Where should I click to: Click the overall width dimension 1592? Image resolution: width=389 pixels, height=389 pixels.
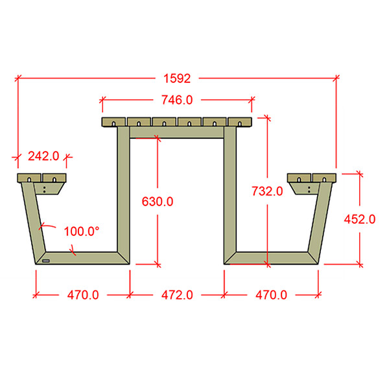coord(177,78)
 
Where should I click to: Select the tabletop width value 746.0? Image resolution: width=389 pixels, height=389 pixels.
coord(177,100)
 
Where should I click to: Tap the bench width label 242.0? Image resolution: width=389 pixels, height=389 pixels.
coord(43,156)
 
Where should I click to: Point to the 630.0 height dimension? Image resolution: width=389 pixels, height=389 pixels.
coord(158,202)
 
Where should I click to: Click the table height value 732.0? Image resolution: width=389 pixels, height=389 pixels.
coord(267,191)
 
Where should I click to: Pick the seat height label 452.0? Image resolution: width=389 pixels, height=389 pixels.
coord(360,219)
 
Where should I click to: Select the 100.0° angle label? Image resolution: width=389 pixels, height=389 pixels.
coord(82,231)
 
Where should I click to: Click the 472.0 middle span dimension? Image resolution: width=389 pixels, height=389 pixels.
coord(177,295)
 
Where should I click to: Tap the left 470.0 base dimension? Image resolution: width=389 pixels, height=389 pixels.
coord(83,295)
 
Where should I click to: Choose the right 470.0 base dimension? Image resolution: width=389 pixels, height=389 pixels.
coord(271,295)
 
